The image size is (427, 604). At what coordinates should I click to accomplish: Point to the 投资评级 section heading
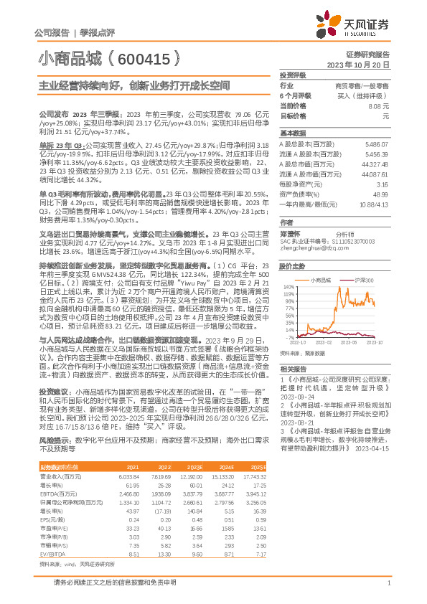click(294, 75)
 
